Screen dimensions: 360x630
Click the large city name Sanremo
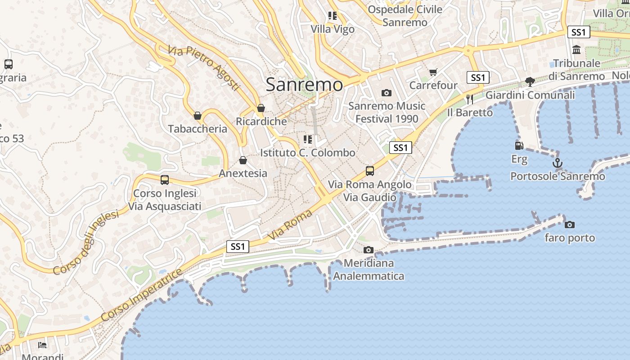click(304, 84)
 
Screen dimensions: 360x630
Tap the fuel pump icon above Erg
click(519, 146)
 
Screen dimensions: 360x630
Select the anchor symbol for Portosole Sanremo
click(558, 163)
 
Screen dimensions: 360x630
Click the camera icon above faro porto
click(570, 225)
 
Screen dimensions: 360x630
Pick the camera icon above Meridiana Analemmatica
click(369, 250)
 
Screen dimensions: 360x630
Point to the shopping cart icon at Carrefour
click(433, 72)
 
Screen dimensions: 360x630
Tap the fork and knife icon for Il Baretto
click(470, 99)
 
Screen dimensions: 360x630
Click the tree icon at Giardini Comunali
click(530, 82)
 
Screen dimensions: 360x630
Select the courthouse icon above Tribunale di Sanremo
click(576, 49)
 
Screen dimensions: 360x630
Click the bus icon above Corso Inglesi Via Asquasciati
click(165, 180)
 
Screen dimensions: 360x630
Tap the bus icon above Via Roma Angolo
click(370, 171)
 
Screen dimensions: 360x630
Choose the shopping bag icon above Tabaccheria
click(197, 116)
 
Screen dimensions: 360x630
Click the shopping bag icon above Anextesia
click(243, 160)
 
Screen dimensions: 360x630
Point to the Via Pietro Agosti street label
click(204, 68)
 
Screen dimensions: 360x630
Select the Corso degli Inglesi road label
click(86, 243)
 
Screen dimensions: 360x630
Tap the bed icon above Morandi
click(42, 345)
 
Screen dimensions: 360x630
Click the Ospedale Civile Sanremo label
click(405, 16)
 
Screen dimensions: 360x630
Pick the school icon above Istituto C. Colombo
click(308, 139)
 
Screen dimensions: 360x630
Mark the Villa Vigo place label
click(333, 29)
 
